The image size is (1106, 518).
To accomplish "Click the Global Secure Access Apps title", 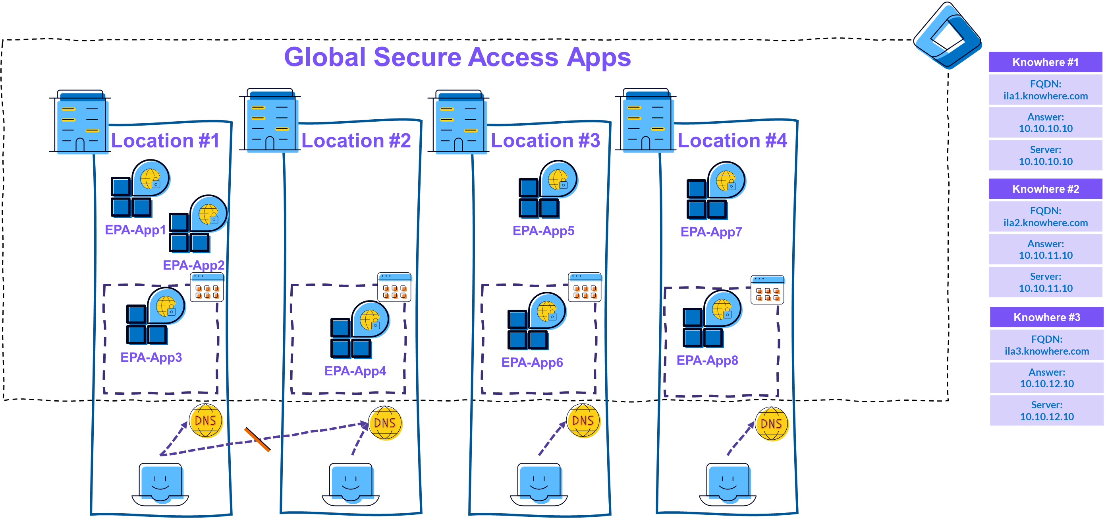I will click(x=457, y=57).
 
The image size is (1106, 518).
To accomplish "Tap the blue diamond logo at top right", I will click(x=947, y=36).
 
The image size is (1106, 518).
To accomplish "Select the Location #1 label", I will click(x=165, y=141).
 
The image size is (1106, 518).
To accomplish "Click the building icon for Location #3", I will click(x=461, y=122).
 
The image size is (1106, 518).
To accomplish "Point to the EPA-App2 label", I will click(x=194, y=265).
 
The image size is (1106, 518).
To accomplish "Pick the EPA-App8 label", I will click(x=707, y=360).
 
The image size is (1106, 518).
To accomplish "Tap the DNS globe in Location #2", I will click(x=386, y=424).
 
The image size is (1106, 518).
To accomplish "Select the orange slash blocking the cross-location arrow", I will click(x=257, y=440).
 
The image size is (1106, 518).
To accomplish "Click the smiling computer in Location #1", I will click(x=162, y=483).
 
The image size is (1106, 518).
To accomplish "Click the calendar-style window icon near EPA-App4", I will click(x=394, y=287).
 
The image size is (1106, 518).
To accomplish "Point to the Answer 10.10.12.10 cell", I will click(x=1046, y=378).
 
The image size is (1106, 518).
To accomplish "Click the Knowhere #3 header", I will click(x=1046, y=317).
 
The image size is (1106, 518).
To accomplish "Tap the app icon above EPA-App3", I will click(x=156, y=317).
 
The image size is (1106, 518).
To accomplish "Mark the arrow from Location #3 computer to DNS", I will click(x=552, y=438).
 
